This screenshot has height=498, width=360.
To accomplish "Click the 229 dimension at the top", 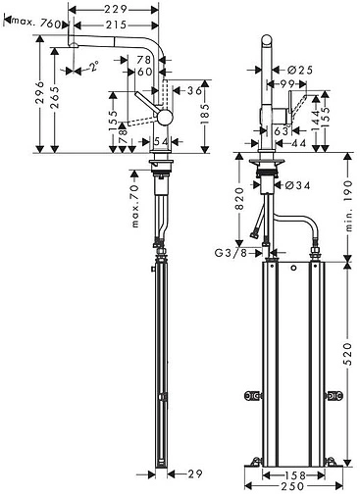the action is [x=115, y=10].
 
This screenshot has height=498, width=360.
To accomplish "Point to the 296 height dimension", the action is [x=39, y=92].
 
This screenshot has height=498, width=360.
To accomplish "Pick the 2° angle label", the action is [x=93, y=67].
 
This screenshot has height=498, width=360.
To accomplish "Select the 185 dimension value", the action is [x=205, y=114].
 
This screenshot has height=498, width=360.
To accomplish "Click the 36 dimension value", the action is [x=194, y=90].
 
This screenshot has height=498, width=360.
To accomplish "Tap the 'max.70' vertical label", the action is [x=135, y=206].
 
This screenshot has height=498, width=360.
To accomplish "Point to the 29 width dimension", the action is [x=194, y=473].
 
